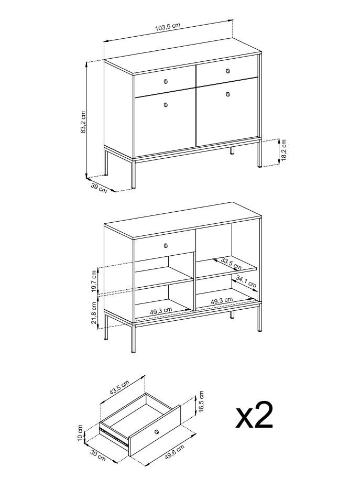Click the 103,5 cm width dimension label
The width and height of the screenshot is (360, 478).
[168, 27]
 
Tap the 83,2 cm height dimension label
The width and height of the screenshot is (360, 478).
[83, 122]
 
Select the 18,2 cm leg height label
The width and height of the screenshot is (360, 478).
[284, 150]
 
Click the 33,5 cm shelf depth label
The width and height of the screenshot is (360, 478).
[231, 264]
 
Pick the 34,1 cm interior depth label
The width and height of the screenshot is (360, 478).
[246, 282]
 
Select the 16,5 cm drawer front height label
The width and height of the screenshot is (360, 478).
[201, 401]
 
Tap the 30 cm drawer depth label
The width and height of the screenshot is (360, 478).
[98, 457]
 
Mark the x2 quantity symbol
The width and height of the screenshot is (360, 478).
[254, 415]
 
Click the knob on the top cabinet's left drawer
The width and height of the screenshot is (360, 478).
[166, 81]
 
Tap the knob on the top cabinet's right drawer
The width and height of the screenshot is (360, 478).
[228, 71]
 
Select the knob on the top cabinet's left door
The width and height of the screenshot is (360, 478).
[166, 105]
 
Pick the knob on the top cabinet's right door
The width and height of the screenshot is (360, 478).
[228, 94]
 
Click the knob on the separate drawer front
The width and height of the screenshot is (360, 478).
[157, 431]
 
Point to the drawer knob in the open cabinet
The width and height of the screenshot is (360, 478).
[166, 245]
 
